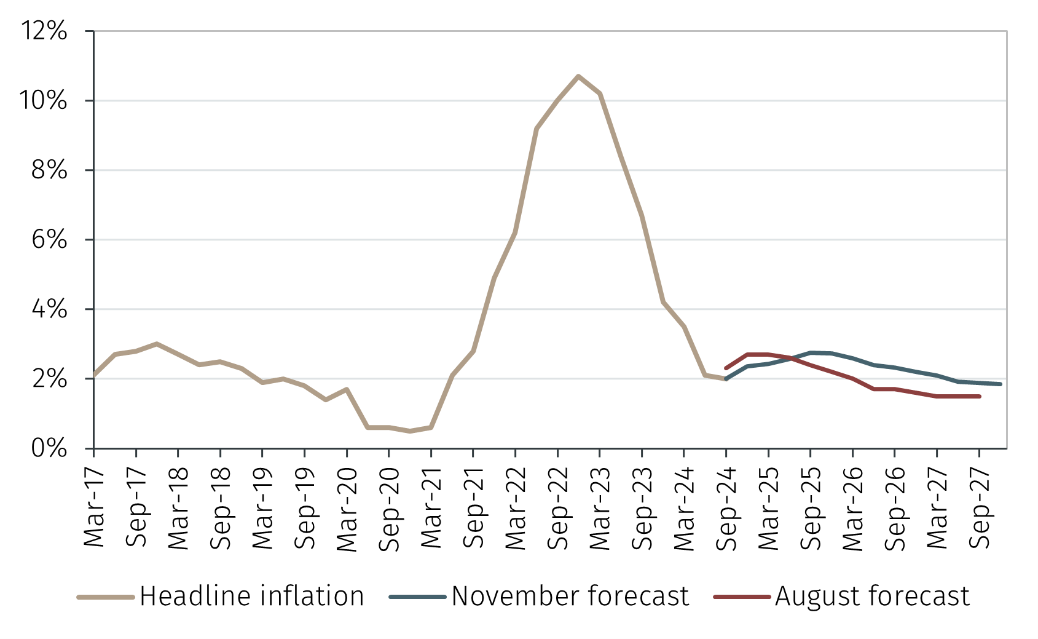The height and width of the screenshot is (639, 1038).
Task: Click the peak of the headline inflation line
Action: [x=578, y=76]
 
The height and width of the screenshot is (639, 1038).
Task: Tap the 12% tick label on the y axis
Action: [x=44, y=31]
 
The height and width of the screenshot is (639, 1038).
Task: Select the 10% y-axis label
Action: [x=44, y=100]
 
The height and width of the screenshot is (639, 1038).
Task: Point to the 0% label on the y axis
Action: [x=49, y=448]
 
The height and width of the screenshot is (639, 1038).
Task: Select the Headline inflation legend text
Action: [x=251, y=597]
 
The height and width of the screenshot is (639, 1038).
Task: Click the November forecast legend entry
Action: [x=570, y=597]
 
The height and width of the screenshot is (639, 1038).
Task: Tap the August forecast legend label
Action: [x=872, y=597]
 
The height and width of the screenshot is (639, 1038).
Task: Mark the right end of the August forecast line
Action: [x=980, y=397]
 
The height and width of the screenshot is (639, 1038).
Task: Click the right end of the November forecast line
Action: [x=1001, y=384]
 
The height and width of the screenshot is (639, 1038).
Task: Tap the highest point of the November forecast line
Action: [x=811, y=352]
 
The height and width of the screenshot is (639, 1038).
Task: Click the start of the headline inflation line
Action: [x=95, y=375]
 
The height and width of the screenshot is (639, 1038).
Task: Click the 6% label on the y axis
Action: [x=49, y=239]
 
